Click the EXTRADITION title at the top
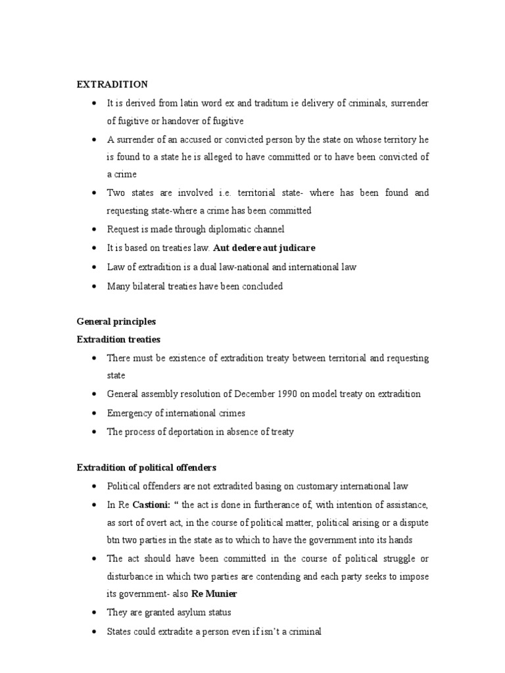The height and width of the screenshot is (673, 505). [x=112, y=84]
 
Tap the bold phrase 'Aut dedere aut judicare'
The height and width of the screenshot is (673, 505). [x=264, y=248]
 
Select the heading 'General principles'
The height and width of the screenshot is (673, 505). [x=116, y=322]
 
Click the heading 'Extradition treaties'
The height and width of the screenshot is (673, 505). [x=118, y=340]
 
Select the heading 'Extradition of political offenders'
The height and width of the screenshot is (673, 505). [x=147, y=468]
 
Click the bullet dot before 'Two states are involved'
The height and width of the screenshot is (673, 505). [x=95, y=193]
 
